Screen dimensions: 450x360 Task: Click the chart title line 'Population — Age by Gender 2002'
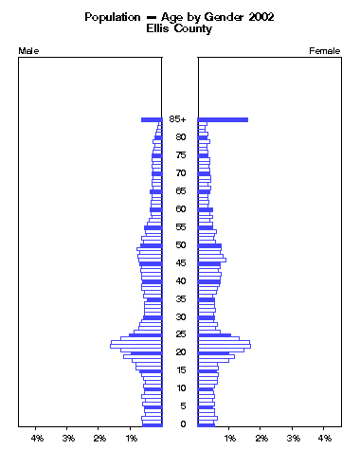(179, 17)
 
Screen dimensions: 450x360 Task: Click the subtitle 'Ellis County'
(179, 29)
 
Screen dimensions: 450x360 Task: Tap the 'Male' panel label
(29, 50)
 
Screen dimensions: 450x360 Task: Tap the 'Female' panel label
(325, 50)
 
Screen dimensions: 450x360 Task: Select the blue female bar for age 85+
(223, 119)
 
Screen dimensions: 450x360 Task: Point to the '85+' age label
(178, 119)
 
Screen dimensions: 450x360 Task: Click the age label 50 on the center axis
(179, 245)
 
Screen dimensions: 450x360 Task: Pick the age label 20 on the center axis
(179, 352)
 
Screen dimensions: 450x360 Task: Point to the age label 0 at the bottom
(179, 423)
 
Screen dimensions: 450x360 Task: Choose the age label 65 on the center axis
(179, 191)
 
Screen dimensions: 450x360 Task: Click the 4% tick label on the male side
(38, 439)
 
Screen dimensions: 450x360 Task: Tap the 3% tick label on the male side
(69, 439)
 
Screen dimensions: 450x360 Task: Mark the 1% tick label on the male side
(132, 439)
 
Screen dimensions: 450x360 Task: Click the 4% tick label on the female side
(324, 439)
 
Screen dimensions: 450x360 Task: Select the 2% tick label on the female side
(261, 439)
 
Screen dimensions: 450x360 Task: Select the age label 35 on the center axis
(179, 299)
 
